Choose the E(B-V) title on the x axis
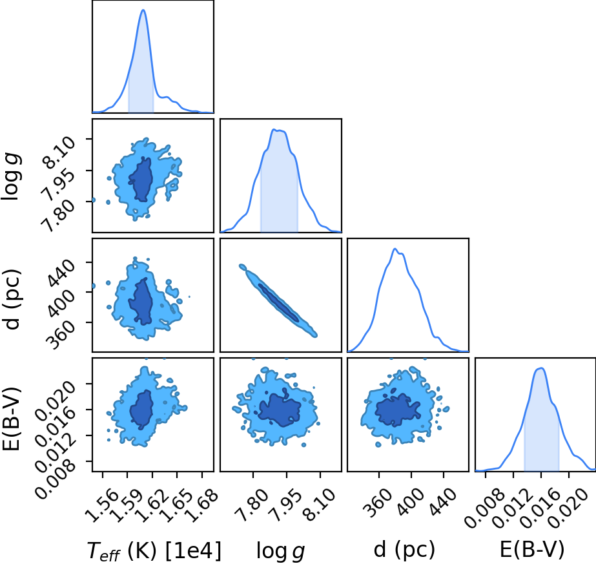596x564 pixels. (x=532, y=550)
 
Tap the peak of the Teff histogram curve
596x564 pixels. (x=143, y=10)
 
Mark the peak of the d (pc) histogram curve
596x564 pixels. (x=395, y=249)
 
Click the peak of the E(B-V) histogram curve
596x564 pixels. (x=541, y=368)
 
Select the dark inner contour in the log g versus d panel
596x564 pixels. (x=278, y=303)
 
